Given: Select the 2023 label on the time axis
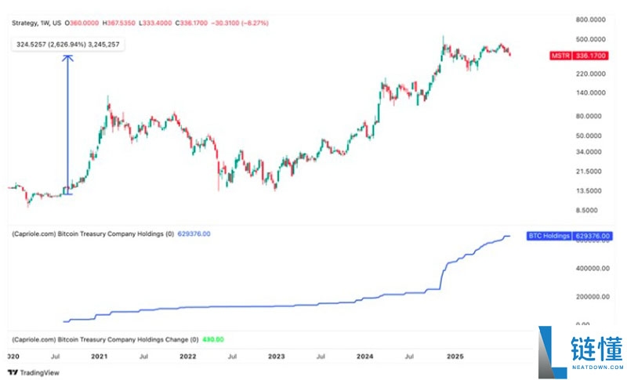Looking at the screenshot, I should pos(277,356).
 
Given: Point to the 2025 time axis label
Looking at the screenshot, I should pos(454,356).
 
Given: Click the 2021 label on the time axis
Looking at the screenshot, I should pos(99,356).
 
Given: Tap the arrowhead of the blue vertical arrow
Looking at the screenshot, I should pos(67,56).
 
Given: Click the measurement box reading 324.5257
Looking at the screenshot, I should pos(69,45).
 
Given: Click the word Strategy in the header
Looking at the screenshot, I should pos(24,23).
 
